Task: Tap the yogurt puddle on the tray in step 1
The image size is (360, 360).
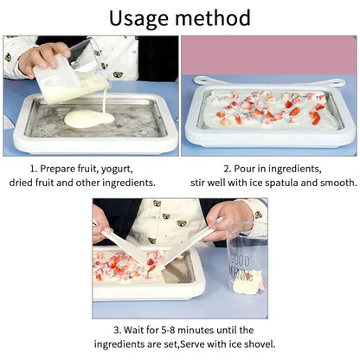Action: (89, 117)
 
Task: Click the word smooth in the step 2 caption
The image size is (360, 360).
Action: (336, 183)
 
